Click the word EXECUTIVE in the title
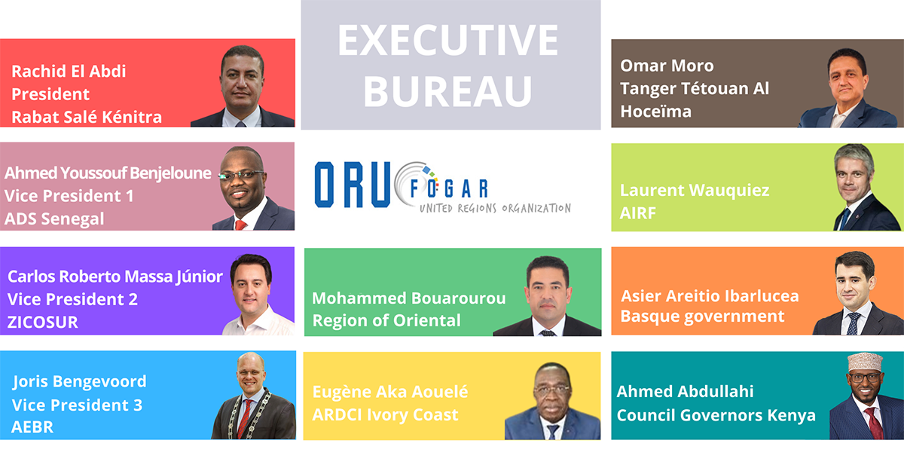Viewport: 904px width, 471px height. pyautogui.click(x=448, y=41)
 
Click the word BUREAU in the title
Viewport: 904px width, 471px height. pyautogui.click(x=448, y=92)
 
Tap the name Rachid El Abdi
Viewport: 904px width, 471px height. pyautogui.click(x=69, y=72)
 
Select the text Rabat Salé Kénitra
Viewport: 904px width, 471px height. pyautogui.click(x=87, y=117)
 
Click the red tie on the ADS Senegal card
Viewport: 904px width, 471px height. pyautogui.click(x=240, y=225)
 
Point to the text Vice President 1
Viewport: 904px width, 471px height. pyautogui.click(x=69, y=196)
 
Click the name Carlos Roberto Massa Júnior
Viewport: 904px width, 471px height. pyautogui.click(x=115, y=277)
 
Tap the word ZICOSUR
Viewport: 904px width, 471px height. pyautogui.click(x=43, y=323)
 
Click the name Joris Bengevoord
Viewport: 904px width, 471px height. pyautogui.click(x=79, y=382)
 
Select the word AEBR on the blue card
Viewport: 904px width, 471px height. pyautogui.click(x=32, y=427)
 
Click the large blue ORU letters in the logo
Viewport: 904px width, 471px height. pyautogui.click(x=353, y=185)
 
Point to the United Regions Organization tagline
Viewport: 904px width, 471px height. pyautogui.click(x=495, y=208)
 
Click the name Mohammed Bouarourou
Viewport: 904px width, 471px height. pyautogui.click(x=409, y=298)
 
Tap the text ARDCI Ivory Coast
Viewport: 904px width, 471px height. pyautogui.click(x=386, y=415)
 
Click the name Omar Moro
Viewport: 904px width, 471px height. pyautogui.click(x=667, y=66)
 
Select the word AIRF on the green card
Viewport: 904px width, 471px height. pyautogui.click(x=638, y=213)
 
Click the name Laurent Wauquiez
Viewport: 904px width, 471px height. pyautogui.click(x=695, y=191)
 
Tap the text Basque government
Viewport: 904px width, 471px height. pyautogui.click(x=703, y=317)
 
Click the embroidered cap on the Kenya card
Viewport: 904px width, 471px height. pyautogui.click(x=865, y=362)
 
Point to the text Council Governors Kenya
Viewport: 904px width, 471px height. pyautogui.click(x=716, y=415)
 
